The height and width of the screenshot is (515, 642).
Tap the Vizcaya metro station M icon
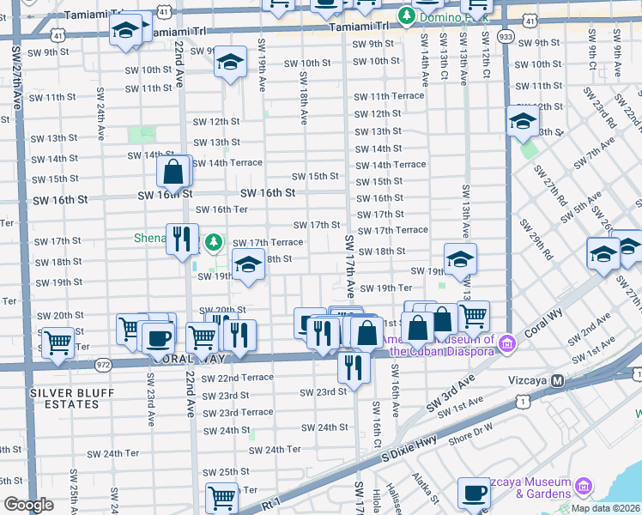coord(557,380)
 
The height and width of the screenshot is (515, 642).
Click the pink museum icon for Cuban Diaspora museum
coord(508,344)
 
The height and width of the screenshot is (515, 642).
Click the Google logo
coord(28,505)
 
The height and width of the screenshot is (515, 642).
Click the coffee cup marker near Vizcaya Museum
coord(474,494)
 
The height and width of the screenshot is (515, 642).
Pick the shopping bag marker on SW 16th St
coord(173,172)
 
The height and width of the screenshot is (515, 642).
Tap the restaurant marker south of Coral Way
coord(353,367)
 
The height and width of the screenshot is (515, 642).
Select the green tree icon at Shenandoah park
coord(216,241)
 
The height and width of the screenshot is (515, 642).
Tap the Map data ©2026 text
coord(605,508)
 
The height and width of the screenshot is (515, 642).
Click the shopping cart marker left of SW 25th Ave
coord(58,343)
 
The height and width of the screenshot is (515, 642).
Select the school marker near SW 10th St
coord(230,62)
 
